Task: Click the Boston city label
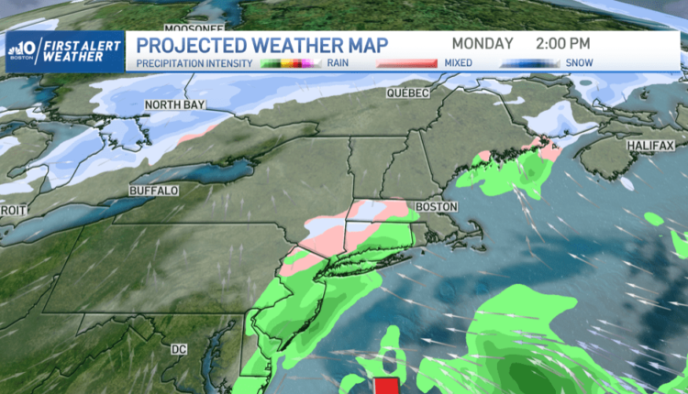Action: point(436,207)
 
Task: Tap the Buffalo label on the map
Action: point(152,190)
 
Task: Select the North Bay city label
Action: point(172,105)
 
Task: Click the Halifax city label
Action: point(650,146)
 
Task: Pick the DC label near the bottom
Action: point(180,349)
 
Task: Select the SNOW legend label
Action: point(579,63)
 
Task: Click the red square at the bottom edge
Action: point(386,386)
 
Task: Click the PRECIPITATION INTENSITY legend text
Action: point(193,63)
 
